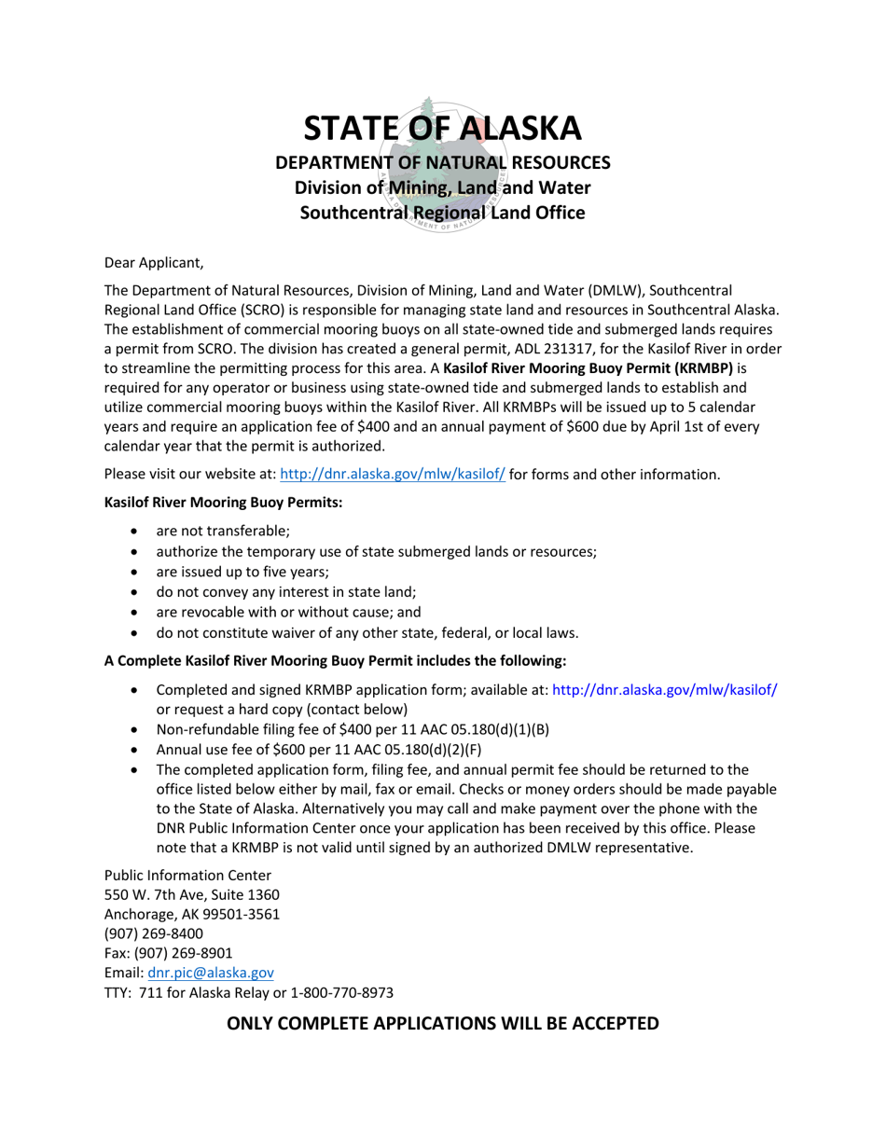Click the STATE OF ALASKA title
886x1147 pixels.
[442, 129]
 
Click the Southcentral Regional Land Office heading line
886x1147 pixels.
[442, 213]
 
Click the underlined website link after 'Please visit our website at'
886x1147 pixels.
[393, 475]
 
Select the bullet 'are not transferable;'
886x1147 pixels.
[223, 531]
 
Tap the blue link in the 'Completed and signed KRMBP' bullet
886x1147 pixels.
[665, 690]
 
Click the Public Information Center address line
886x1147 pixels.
[187, 876]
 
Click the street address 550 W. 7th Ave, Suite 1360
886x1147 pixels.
[191, 895]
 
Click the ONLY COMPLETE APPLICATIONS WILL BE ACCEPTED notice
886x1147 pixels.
[443, 1023]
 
